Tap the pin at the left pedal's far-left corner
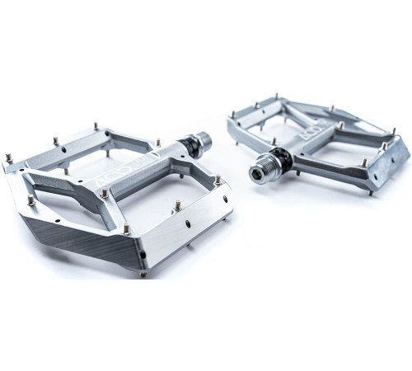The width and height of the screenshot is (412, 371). pyautogui.click(x=9, y=157)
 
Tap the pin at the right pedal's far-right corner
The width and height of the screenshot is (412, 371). pyautogui.click(x=393, y=131)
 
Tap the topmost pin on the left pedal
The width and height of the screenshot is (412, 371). pyautogui.click(x=96, y=126)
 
